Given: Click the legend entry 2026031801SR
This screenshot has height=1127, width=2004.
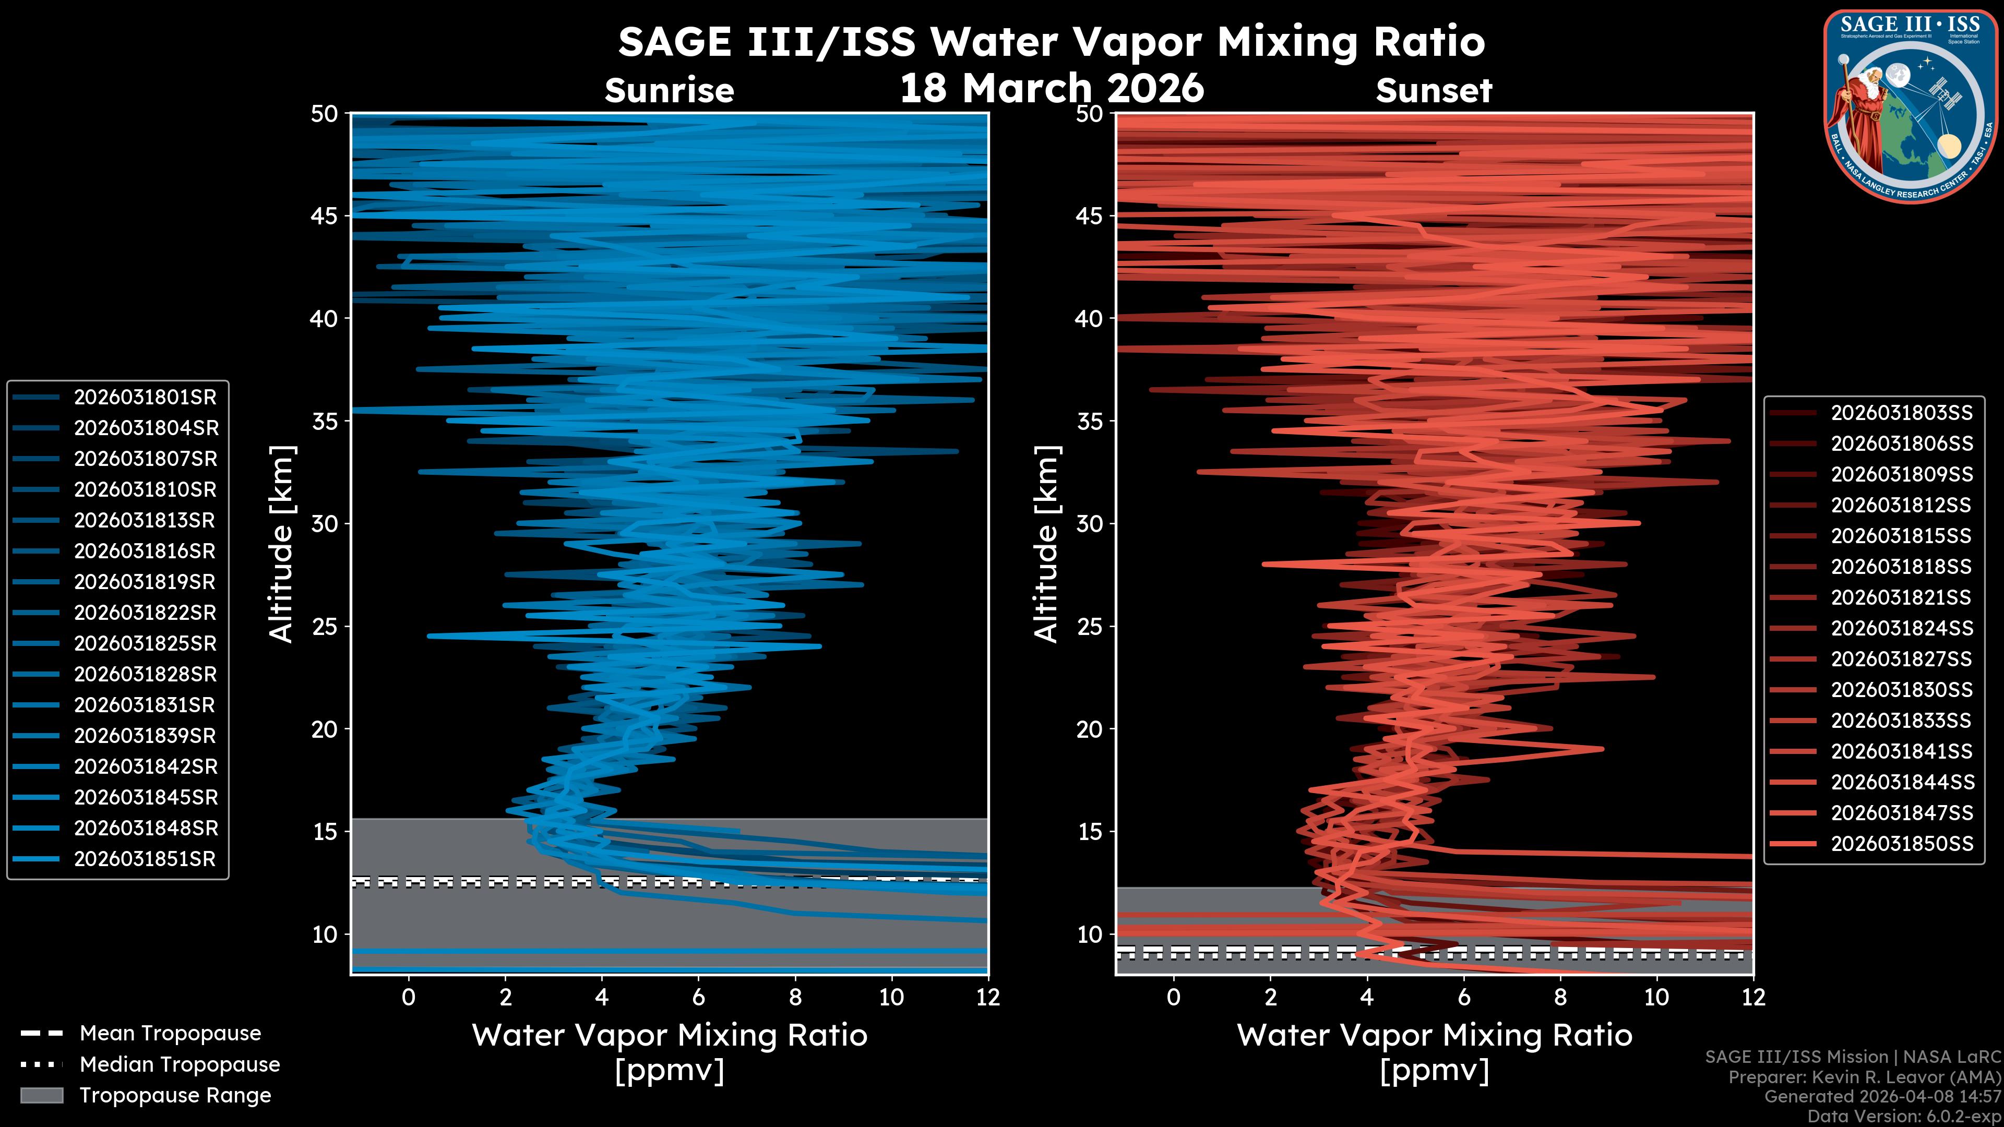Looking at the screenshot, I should [x=145, y=398].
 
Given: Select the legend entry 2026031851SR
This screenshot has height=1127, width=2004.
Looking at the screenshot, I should [x=145, y=859].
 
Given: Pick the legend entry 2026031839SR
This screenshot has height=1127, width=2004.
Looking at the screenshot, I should [x=145, y=736].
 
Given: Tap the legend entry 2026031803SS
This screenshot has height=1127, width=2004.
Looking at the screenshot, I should [x=1901, y=413].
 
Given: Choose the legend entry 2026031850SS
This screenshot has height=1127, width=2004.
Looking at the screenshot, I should [x=1901, y=844].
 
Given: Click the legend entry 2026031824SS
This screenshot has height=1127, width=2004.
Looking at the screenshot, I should [x=1901, y=628].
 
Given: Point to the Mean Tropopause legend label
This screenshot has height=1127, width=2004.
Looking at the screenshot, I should [x=170, y=1034].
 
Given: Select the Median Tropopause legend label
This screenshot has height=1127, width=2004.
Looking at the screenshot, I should [x=180, y=1065].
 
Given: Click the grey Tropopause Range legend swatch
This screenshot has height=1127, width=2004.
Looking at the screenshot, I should [x=41, y=1095].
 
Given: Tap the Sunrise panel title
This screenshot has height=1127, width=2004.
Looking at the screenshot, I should [x=669, y=91].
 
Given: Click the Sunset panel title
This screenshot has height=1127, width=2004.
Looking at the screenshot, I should [x=1434, y=91].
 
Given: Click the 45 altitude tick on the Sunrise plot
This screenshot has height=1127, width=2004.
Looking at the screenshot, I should [x=325, y=215].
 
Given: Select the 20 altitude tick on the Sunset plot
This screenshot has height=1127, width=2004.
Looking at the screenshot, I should [x=1089, y=729].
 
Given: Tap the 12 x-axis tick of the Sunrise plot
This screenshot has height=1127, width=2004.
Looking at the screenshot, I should [x=987, y=997].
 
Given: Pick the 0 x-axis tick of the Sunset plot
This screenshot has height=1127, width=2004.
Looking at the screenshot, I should [x=1173, y=997].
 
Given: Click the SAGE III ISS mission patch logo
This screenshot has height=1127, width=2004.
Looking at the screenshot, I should [x=1910, y=106].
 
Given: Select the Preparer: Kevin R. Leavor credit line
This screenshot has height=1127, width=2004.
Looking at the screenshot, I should [x=1864, y=1077].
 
